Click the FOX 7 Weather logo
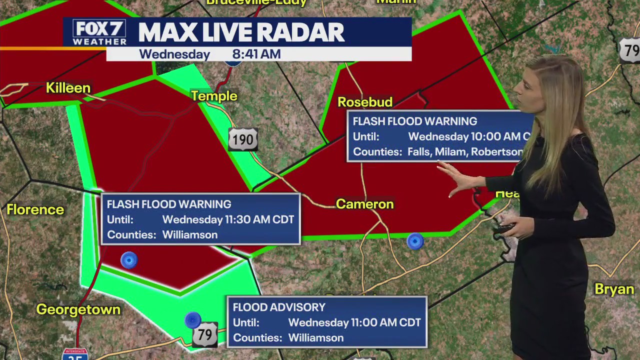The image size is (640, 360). click(99, 33)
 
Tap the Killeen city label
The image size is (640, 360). click(68, 88)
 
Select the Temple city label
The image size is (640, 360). click(214, 96)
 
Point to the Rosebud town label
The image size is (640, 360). click(364, 102)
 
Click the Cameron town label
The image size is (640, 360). click(364, 204)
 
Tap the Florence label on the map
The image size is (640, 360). click(35, 209)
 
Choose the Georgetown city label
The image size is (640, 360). click(78, 309)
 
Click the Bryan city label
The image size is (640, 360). click(614, 289)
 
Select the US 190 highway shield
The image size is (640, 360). click(243, 139)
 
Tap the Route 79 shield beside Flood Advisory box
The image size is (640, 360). click(205, 334)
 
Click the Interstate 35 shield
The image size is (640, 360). click(75, 354)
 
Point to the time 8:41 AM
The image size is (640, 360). click(256, 54)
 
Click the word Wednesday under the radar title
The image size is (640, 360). click(174, 54)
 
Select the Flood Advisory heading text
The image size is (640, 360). click(279, 307)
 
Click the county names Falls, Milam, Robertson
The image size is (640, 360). click(465, 152)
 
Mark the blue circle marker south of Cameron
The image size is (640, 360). click(415, 241)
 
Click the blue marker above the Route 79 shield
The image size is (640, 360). click(192, 319)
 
